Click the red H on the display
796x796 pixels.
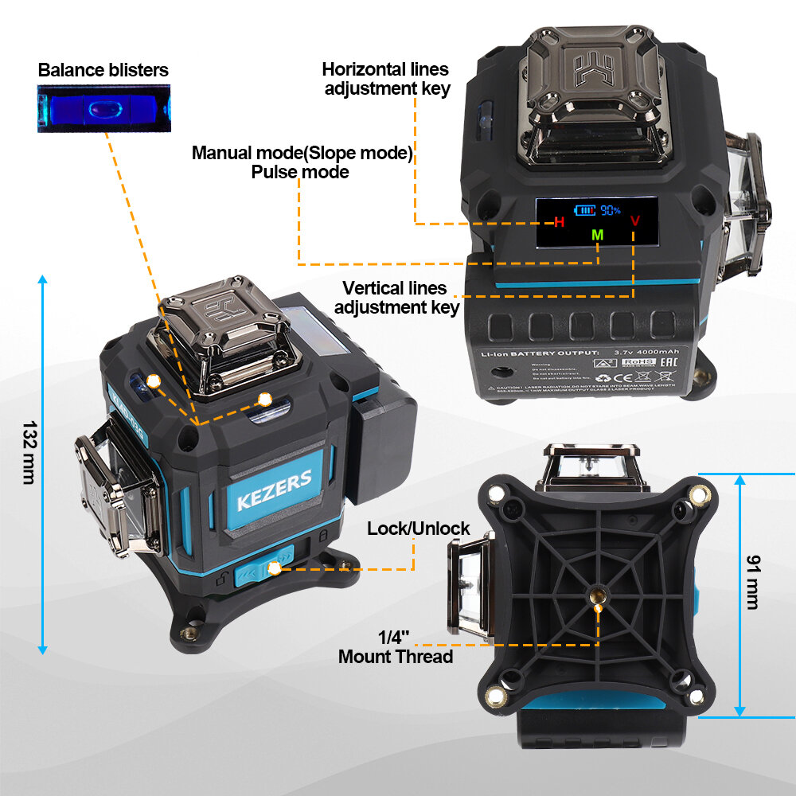click(559, 222)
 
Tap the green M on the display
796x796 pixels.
click(598, 235)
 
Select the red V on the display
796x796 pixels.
click(634, 220)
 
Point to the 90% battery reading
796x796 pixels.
click(611, 210)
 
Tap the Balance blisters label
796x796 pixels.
click(103, 70)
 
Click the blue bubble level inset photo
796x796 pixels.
click(103, 110)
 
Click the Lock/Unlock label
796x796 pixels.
click(419, 529)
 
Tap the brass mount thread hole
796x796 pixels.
click(598, 593)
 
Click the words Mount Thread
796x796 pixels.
click(396, 657)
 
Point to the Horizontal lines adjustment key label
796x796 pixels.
click(386, 79)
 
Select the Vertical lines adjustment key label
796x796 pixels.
click(396, 298)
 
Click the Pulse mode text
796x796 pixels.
click(300, 171)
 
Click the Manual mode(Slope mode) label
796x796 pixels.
click(302, 153)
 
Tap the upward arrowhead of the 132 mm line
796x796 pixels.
click(43, 279)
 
